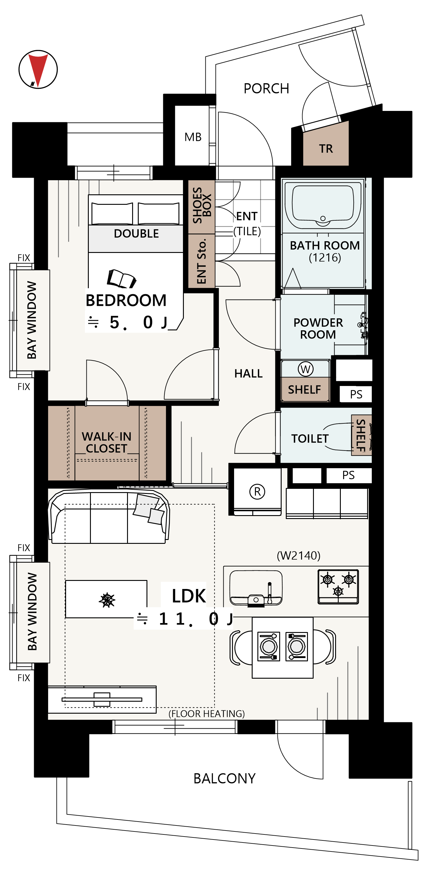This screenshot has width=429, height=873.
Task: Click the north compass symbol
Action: pyautogui.click(x=38, y=69)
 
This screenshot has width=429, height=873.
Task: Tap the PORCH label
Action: pyautogui.click(x=266, y=89)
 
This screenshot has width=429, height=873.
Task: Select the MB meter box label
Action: pyautogui.click(x=193, y=137)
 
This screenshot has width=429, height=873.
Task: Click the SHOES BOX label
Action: pyautogui.click(x=202, y=205)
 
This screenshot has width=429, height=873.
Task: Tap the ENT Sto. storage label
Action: pyautogui.click(x=201, y=261)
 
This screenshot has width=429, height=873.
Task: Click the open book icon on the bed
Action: pyautogui.click(x=121, y=279)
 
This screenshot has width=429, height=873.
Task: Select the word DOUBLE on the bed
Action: pyautogui.click(x=136, y=233)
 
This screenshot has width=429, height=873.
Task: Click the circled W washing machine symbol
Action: pyautogui.click(x=306, y=369)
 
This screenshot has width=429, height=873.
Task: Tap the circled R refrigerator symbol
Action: pyautogui.click(x=257, y=492)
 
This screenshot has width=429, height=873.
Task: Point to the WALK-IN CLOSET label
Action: pyautogui.click(x=106, y=442)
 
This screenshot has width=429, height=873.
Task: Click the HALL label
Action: pyautogui.click(x=248, y=373)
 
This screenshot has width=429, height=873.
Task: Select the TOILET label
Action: pyautogui.click(x=310, y=439)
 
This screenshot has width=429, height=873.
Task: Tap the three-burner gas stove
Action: pyautogui.click(x=338, y=587)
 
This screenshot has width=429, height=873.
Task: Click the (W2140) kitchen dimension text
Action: pyautogui.click(x=299, y=556)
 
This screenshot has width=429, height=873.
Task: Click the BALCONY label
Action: pyautogui.click(x=224, y=779)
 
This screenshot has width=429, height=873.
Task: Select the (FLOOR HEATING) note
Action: pyautogui.click(x=207, y=714)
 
